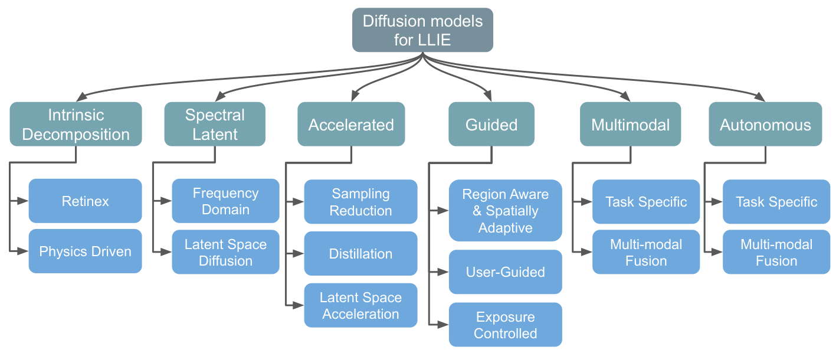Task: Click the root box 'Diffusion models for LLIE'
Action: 422,30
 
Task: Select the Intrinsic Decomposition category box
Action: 76,124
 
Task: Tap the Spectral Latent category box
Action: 215,124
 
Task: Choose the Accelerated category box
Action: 351,125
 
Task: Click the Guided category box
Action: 491,125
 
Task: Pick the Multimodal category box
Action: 630,125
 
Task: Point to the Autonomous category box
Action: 765,125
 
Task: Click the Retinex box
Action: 86,201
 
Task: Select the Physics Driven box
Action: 86,251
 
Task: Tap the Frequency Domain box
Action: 225,201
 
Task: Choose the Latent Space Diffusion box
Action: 225,252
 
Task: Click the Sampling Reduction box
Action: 360,202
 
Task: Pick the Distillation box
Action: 360,254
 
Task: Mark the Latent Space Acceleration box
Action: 360,306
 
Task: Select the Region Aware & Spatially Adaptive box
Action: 505,211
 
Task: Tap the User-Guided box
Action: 505,272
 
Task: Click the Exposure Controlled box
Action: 505,325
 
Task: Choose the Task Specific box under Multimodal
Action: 646,202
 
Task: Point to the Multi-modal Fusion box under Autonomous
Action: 776,252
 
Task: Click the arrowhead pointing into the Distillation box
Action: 299,254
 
